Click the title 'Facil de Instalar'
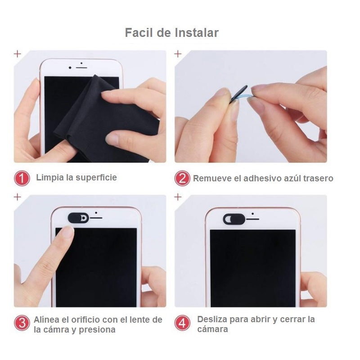click(x=171, y=33)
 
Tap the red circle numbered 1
click(x=22, y=178)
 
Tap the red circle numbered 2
click(x=182, y=178)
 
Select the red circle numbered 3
click(x=22, y=324)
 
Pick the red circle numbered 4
click(x=182, y=324)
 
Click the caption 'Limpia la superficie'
click(x=76, y=177)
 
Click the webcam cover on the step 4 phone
click(x=234, y=219)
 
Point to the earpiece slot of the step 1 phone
click(x=81, y=67)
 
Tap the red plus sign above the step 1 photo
click(x=18, y=54)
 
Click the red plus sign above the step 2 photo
click(x=178, y=54)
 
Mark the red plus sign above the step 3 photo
click(x=18, y=197)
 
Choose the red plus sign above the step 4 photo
click(x=178, y=197)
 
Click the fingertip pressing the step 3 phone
click(x=67, y=233)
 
